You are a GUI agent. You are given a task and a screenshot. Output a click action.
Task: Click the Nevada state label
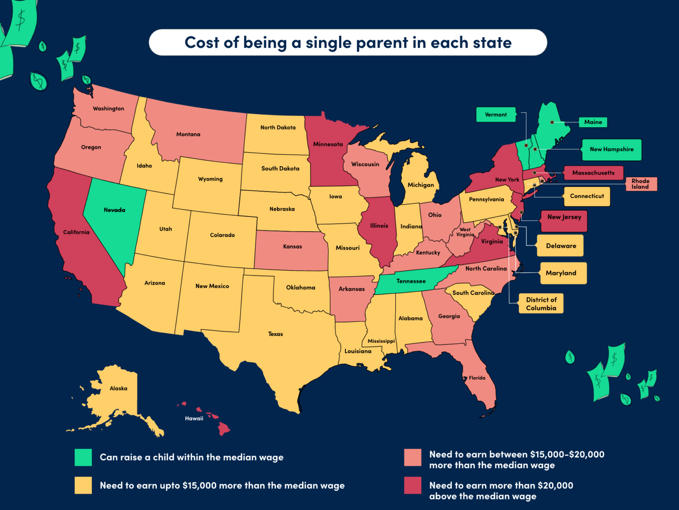tap(114, 210)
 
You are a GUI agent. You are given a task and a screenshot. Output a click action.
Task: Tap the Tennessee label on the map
tap(411, 281)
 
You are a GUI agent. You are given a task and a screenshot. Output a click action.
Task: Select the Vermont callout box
tap(496, 114)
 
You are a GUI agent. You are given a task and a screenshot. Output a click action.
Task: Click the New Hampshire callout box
tap(611, 149)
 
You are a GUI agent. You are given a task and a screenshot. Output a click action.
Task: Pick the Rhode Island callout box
tap(641, 184)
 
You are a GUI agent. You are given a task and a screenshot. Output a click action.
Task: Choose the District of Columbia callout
tap(541, 304)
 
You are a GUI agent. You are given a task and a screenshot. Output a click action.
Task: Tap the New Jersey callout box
tap(564, 221)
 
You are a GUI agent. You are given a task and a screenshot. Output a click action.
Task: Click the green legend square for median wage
tap(83, 457)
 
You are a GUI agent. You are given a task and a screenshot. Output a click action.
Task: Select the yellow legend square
tap(83, 485)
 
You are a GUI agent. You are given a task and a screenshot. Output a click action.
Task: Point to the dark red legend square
tap(412, 485)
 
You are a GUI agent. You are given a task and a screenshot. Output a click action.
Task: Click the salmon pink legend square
tap(412, 457)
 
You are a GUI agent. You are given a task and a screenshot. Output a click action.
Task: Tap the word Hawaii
tap(194, 419)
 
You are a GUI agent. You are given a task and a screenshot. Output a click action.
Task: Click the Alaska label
tap(118, 388)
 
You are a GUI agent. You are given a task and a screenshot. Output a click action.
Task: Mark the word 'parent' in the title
tap(382, 43)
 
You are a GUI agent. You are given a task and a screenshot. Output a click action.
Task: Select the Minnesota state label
tap(328, 144)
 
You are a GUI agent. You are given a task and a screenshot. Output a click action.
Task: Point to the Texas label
tap(275, 334)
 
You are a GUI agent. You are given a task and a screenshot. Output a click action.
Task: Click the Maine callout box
tap(593, 122)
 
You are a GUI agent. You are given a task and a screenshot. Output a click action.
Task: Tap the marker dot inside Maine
tap(552, 122)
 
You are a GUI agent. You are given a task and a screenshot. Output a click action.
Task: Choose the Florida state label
tap(477, 378)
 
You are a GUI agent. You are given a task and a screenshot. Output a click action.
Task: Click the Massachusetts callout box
tap(593, 173)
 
